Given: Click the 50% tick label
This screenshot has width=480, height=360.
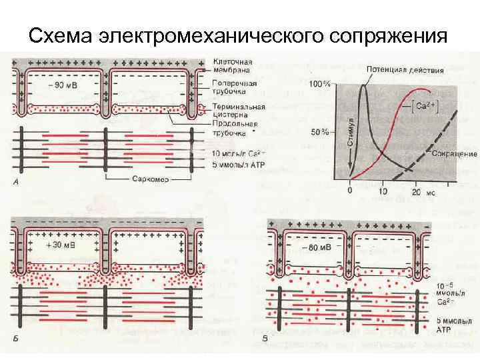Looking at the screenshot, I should pyautogui.click(x=321, y=132).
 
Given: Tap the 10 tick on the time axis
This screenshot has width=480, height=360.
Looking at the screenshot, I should pyautogui.click(x=383, y=191).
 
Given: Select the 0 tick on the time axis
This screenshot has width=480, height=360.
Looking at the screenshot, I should pyautogui.click(x=351, y=191).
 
